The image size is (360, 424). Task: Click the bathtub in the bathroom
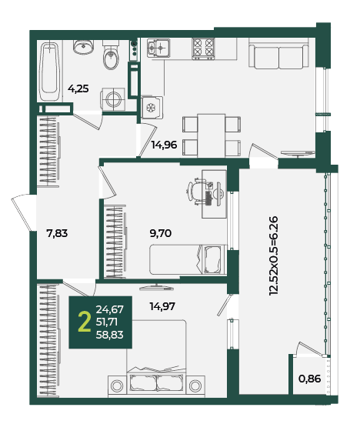(50, 71)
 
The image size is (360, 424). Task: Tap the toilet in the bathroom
(111, 55)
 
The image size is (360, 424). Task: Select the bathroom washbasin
(84, 47)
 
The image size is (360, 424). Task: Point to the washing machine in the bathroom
(113, 99)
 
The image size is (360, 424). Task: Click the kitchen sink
(158, 48)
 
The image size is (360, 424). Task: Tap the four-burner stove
(203, 48)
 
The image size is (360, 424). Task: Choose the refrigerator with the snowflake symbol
(152, 108)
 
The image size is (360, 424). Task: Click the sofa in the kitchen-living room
(278, 54)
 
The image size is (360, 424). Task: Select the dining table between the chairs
(211, 135)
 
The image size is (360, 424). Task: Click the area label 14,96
(164, 145)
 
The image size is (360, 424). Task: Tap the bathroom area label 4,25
(78, 88)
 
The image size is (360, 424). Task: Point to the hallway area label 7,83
(57, 233)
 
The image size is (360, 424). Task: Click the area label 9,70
(161, 233)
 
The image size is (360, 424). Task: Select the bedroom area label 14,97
(162, 306)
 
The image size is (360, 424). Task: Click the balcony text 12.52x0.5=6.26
(273, 255)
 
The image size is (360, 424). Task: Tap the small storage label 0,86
(310, 379)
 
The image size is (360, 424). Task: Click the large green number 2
(84, 322)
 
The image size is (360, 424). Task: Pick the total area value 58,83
(109, 335)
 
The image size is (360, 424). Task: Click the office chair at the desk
(196, 192)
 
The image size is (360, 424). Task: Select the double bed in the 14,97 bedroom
(156, 359)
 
